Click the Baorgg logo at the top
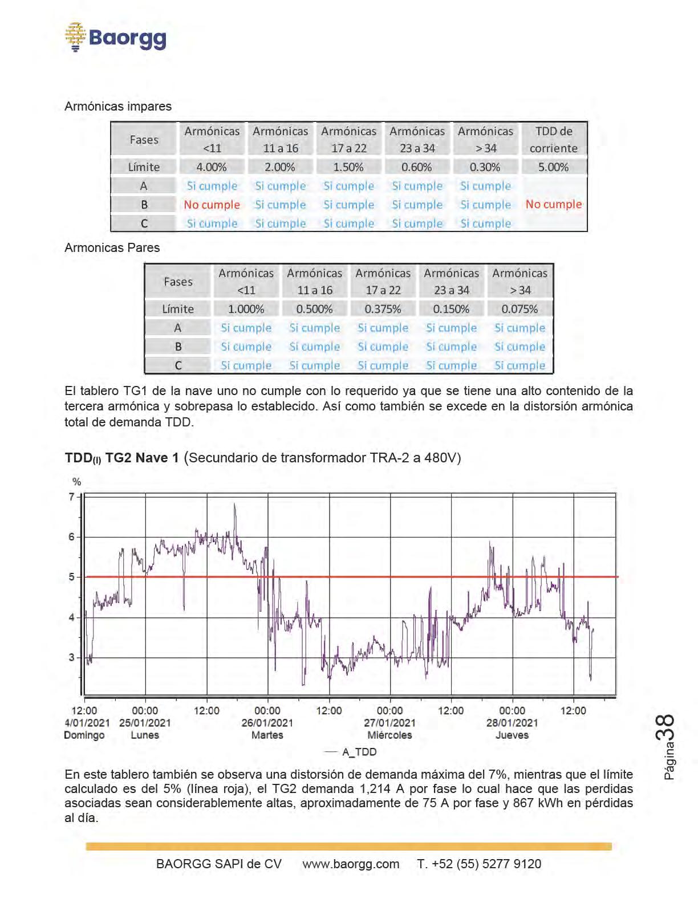click(116, 37)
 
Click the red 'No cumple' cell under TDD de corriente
click(553, 204)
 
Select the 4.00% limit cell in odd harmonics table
click(212, 167)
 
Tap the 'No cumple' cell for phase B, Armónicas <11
click(212, 205)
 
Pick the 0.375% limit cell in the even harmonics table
click(383, 309)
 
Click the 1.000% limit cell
click(246, 309)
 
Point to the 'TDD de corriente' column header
click(553, 140)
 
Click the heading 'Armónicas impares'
click(118, 107)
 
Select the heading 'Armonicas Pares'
click(112, 248)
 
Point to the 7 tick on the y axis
click(72, 497)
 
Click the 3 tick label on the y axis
click(72, 657)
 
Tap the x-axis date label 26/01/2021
click(267, 723)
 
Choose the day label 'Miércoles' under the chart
click(389, 735)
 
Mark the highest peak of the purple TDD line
click(234, 505)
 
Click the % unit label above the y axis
click(76, 482)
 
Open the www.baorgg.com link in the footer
click(351, 864)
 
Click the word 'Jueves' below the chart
click(512, 735)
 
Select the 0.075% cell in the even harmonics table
click(519, 309)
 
